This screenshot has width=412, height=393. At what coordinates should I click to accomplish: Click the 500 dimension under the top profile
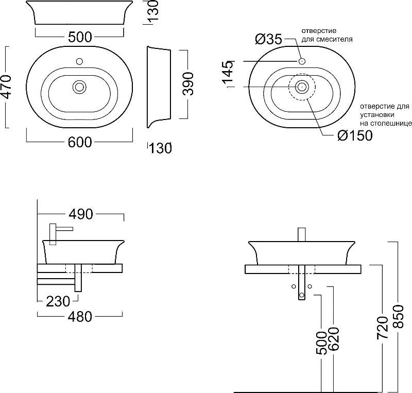[80, 37]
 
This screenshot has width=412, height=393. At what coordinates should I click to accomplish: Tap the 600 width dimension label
[80, 142]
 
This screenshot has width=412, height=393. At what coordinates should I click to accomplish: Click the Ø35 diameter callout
[268, 39]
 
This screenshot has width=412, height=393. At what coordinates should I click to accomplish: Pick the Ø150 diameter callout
[355, 135]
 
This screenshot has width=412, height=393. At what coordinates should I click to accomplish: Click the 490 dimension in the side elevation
[81, 214]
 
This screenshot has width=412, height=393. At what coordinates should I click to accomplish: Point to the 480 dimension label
[80, 317]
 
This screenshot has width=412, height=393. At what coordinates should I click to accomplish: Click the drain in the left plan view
[79, 87]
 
